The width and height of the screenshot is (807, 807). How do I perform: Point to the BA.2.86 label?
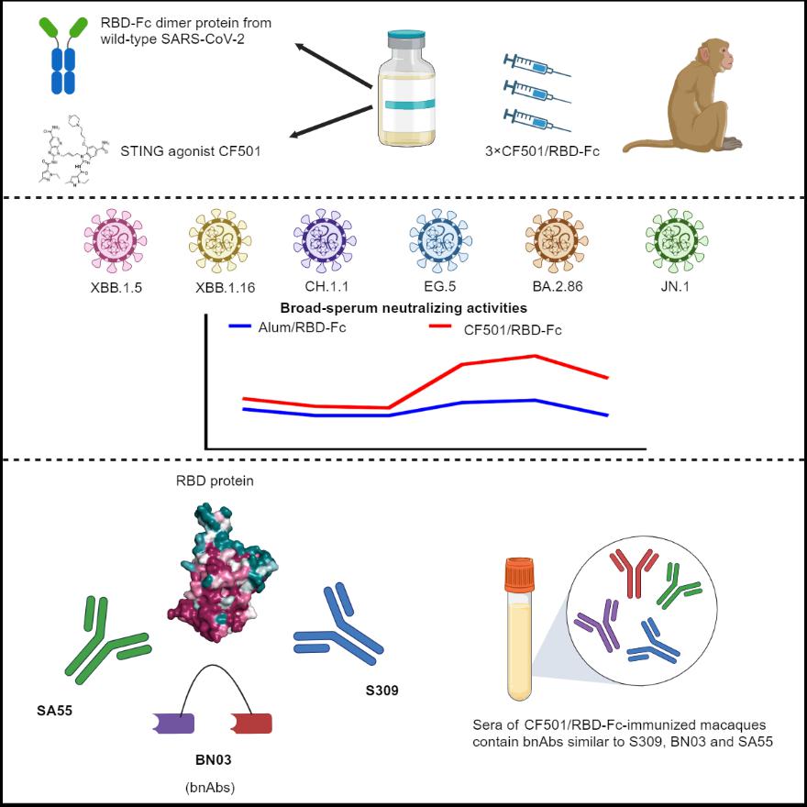coord(554,286)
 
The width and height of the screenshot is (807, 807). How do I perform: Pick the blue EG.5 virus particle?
coord(436,239)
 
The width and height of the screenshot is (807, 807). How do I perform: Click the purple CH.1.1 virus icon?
coord(323,239)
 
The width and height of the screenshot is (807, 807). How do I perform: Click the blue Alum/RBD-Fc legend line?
coord(252,325)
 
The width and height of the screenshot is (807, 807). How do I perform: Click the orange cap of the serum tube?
coord(515,575)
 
